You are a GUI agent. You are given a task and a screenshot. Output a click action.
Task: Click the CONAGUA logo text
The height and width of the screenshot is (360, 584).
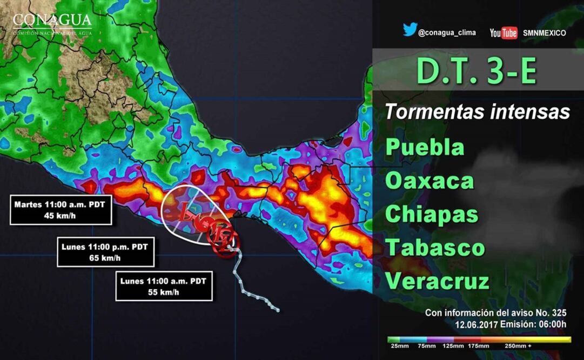click(52, 21)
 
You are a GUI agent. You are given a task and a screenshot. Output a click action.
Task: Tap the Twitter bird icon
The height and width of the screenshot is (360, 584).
click(410, 31)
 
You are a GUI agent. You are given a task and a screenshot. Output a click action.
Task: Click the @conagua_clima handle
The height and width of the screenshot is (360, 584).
click(447, 32)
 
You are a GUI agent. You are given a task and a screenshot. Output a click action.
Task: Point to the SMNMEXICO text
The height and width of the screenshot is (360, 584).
click(544, 33)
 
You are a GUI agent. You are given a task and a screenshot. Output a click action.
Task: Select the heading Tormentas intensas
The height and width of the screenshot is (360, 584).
click(478, 112)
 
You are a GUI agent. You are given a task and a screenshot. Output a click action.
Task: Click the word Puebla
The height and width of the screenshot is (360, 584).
click(425, 147)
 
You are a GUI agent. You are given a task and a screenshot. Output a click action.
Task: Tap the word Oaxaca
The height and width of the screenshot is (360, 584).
click(429, 181)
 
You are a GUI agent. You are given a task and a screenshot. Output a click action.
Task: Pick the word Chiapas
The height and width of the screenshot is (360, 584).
click(432, 214)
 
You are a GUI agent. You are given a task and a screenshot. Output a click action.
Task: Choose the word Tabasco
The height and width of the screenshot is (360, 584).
click(435, 248)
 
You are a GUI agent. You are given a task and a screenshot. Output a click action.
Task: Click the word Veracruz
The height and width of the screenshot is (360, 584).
click(438, 281)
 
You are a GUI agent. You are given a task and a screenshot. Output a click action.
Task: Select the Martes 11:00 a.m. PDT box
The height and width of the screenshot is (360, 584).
click(61, 210)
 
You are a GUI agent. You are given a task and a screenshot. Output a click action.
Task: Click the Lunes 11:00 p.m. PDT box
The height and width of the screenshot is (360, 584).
click(105, 252)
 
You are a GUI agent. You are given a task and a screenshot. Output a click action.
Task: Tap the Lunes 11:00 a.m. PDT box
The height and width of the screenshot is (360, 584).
click(164, 286)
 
